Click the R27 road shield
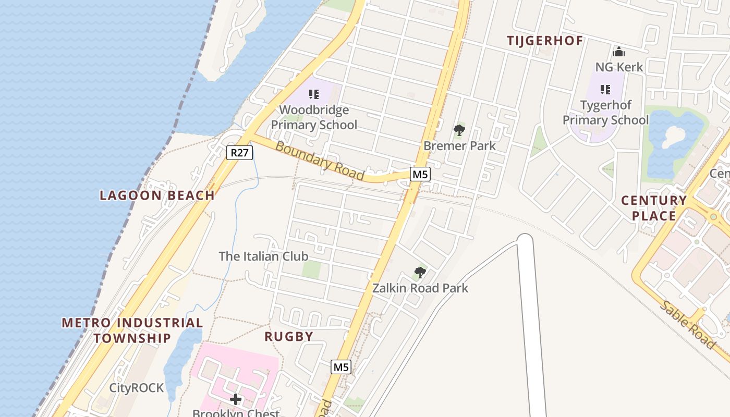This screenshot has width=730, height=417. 240,153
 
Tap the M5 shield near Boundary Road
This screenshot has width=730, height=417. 420,174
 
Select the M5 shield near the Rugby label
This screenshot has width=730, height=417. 341,367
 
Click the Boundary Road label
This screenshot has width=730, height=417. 319,161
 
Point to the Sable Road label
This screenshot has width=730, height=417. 687,325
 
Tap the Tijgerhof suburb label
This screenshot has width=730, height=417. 545,41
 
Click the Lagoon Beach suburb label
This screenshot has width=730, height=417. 157,195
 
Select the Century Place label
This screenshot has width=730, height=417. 654,208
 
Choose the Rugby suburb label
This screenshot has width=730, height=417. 289,336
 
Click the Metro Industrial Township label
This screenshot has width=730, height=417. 132,330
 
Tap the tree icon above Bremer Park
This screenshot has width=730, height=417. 459,130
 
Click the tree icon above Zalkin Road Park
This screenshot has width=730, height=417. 420,273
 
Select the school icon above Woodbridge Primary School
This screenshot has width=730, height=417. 314,94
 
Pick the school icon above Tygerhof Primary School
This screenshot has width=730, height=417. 605,90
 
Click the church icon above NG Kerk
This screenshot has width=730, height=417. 619,52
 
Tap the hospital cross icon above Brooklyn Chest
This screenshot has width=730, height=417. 236,399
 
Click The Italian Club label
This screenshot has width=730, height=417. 263,256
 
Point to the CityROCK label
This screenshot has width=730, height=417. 136,388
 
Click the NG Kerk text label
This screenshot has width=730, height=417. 619,67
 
